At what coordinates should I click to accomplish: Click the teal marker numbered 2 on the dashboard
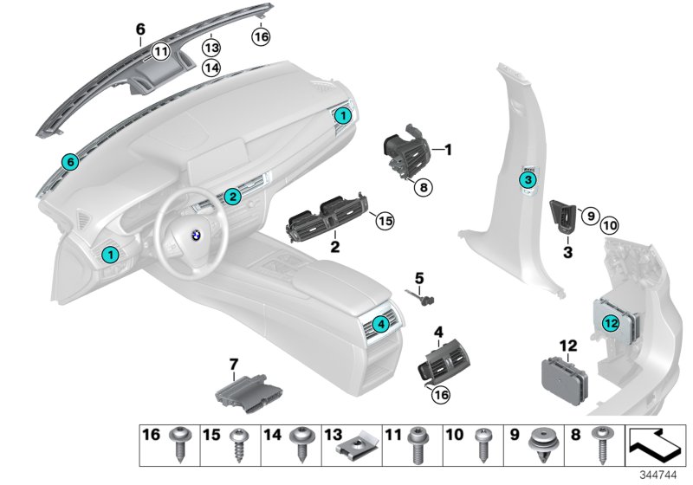231,197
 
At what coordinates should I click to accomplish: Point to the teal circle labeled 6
70,161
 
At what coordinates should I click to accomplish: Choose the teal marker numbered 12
611,323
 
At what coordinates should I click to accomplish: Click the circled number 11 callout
160,52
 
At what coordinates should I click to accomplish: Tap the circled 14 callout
211,67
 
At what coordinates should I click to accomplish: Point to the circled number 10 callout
610,225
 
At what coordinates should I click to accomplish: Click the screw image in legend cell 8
598,443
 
